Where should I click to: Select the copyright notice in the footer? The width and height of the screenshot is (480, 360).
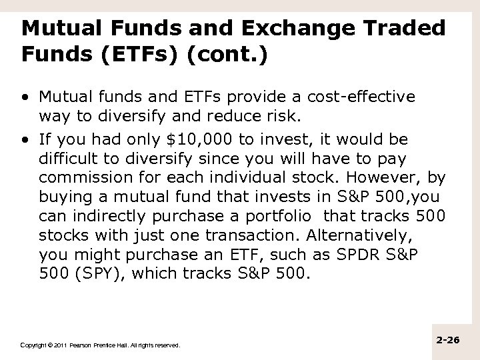100,345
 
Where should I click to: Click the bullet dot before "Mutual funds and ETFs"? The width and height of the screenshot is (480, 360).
25,97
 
